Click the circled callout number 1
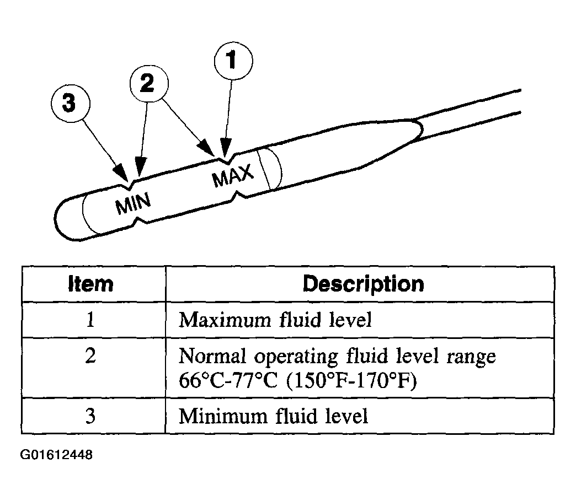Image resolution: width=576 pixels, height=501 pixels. (233, 61)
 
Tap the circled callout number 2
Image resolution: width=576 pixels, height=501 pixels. (149, 83)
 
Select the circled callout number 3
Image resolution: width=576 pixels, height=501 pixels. (70, 103)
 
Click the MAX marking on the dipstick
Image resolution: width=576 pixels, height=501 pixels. (233, 175)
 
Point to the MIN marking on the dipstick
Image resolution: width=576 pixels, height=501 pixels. (133, 203)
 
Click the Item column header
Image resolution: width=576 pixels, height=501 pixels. (90, 284)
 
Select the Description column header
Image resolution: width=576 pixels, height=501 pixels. (363, 284)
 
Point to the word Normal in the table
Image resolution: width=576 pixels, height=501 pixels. (212, 355)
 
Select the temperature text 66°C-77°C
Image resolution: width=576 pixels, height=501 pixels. (228, 380)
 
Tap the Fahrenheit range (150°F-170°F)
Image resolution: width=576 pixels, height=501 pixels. (351, 381)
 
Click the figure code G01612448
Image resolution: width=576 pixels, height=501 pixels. (56, 455)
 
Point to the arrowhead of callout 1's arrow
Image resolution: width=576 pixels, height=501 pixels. (225, 148)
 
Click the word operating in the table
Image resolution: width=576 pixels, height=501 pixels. (296, 357)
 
